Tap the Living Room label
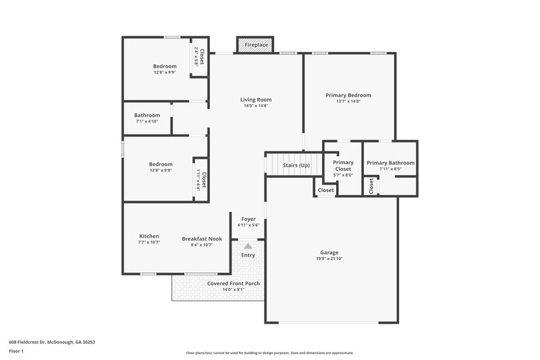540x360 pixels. tap(256, 100)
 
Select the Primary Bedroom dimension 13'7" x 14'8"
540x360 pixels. tap(348, 101)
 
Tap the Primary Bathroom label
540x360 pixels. tap(390, 163)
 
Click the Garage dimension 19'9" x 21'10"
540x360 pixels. tap(329, 259)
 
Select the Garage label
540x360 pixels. tap(329, 253)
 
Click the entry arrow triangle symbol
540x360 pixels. tap(248, 246)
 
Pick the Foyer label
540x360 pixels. tap(248, 218)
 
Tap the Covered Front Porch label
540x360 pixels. tap(234, 284)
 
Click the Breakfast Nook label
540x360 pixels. tap(202, 238)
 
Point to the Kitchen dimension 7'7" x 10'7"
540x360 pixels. tap(148, 242)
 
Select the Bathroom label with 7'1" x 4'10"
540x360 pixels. tap(147, 115)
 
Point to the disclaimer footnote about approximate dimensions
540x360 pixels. tap(269, 353)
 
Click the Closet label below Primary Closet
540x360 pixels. tap(326, 190)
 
